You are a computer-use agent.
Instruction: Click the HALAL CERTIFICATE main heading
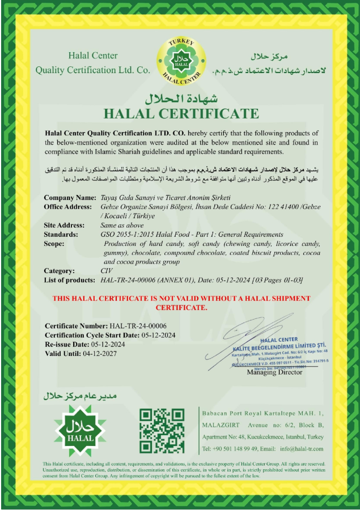pyautogui.click(x=181, y=114)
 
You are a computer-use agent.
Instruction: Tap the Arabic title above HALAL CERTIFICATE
pyautogui.click(x=180, y=98)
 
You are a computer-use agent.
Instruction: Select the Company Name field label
pyautogui.click(x=70, y=198)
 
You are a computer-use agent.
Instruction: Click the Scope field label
pyautogui.click(x=54, y=244)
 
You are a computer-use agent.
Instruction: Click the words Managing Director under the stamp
pyautogui.click(x=274, y=372)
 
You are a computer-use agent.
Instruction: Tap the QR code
pyautogui.click(x=162, y=431)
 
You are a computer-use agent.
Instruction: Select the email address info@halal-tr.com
pyautogui.click(x=302, y=449)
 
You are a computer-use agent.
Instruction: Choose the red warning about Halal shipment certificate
pyautogui.click(x=181, y=303)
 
